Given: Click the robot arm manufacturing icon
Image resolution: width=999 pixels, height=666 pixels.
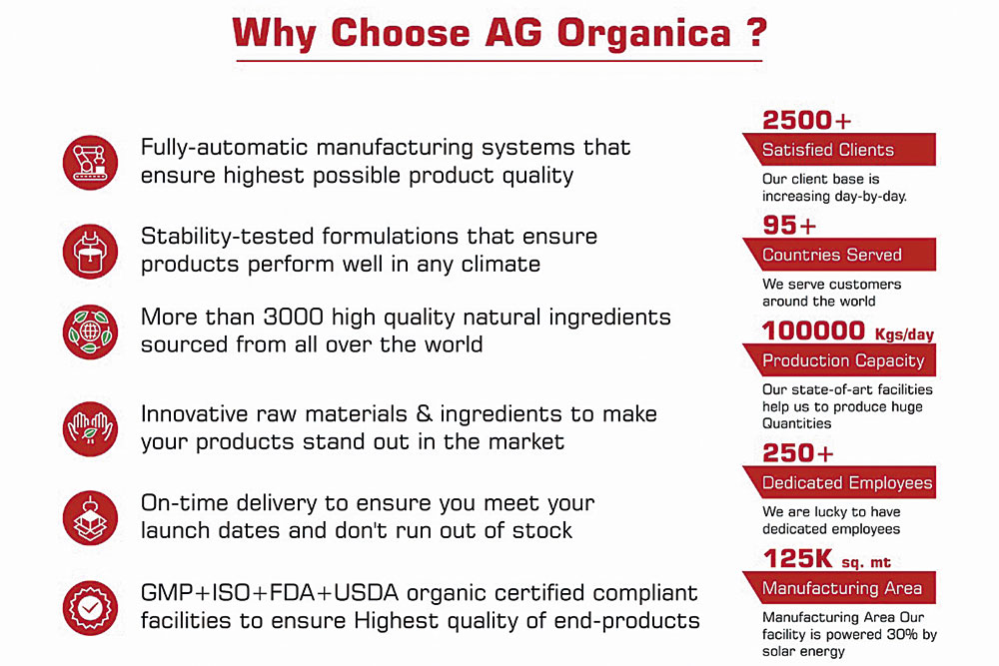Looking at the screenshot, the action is (x=91, y=163).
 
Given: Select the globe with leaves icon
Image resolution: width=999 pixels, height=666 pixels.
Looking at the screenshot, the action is (x=91, y=332).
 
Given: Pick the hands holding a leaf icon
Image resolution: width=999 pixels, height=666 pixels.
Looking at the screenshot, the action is (x=91, y=428).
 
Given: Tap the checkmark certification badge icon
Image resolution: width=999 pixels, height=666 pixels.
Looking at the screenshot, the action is (x=91, y=607).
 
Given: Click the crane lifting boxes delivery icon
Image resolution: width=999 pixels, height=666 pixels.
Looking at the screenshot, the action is (x=91, y=517).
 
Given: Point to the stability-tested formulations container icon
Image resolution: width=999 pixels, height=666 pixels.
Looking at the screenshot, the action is (x=91, y=251).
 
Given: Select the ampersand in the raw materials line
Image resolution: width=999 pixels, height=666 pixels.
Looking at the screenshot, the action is (x=424, y=413).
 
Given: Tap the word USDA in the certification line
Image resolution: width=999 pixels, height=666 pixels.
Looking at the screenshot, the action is (x=367, y=593).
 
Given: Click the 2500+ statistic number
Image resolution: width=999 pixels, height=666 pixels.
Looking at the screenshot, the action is (x=806, y=121).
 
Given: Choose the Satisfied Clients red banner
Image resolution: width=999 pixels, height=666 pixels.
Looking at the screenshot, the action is (x=839, y=150).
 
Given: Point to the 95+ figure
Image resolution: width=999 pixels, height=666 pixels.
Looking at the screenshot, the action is (x=789, y=226).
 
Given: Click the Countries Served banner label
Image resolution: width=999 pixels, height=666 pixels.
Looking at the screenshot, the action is (x=832, y=255).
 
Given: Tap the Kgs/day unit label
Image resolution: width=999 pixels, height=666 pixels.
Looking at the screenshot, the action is (x=904, y=334).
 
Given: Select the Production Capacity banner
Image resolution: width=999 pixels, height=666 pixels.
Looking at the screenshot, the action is (x=839, y=360).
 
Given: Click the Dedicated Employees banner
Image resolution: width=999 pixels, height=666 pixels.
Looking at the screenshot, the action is (x=839, y=482).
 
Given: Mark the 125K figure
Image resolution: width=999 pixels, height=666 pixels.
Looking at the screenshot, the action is (x=797, y=559).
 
